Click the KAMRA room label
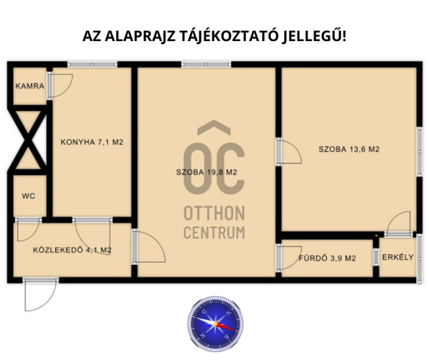30,86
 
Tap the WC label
29,196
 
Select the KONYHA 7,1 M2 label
92,142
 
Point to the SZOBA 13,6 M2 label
349,149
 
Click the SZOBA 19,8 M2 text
207,172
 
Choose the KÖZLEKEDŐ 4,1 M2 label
72,250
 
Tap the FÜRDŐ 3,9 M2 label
328,258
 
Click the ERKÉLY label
398,257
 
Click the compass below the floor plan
215,324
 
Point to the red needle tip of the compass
235,330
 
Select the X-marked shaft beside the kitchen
27,140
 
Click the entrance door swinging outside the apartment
40,294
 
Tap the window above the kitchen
92,65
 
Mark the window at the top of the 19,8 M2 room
206,65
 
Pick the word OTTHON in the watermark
214,213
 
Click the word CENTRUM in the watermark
214,233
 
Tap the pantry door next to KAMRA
60,86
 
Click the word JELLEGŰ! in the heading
314,36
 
